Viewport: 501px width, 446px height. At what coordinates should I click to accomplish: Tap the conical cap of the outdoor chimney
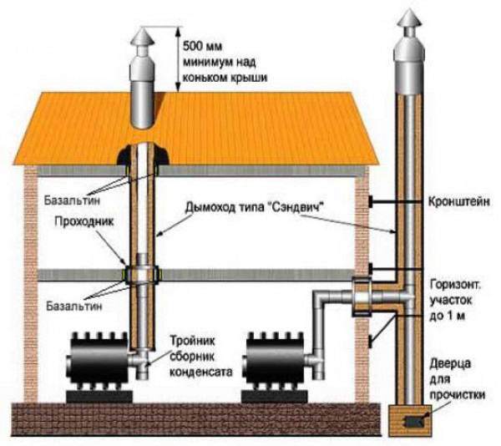(x=408, y=19)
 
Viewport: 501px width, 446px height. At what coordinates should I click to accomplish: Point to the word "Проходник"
(x=68, y=224)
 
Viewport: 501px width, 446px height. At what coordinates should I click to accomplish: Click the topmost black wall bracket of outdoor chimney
(x=379, y=201)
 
